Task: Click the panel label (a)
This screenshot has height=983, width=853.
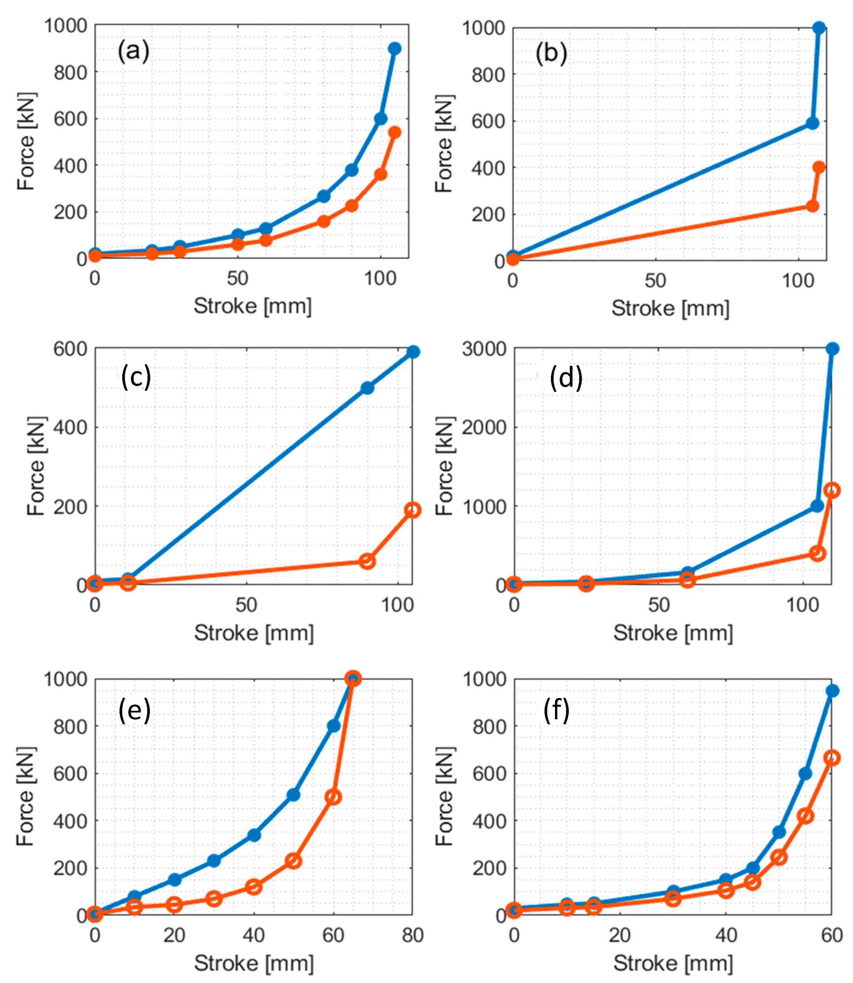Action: [133, 51]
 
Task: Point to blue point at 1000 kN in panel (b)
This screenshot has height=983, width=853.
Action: [819, 28]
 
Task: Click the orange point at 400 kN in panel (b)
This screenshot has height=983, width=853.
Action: [819, 167]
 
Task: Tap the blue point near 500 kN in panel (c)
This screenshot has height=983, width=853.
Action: [367, 388]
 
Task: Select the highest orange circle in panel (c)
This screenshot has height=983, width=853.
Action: [412, 510]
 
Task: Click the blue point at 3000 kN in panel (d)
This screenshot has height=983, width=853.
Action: [832, 349]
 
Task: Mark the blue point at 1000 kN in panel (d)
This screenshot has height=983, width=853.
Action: [817, 506]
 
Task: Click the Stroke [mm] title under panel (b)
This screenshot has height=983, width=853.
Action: [670, 308]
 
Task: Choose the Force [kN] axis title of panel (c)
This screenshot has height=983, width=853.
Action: [36, 466]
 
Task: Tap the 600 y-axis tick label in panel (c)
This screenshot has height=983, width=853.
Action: [70, 349]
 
